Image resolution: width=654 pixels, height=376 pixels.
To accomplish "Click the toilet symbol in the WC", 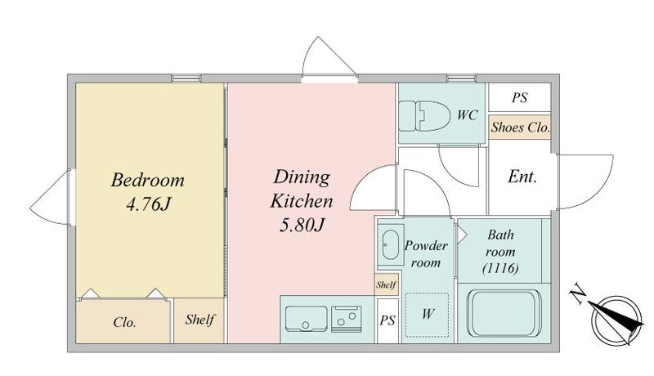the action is tap(424, 115).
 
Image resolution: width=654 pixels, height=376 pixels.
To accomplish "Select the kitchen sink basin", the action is tap(306, 319).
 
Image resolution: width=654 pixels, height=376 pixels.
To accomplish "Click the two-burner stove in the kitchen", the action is tap(347, 319).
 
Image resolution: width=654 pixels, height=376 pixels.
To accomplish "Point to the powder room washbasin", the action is tap(391, 244).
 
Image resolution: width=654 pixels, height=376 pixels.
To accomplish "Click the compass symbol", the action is tap(616, 320).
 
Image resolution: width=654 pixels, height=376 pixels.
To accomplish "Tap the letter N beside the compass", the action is tap(578, 293).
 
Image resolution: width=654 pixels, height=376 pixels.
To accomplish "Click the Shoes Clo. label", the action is tap(520, 128).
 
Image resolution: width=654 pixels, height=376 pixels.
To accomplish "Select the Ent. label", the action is tap(522, 177).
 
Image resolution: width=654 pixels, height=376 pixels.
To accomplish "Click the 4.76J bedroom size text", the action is tap(149, 204).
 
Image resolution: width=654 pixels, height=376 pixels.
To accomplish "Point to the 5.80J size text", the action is tap(302, 226).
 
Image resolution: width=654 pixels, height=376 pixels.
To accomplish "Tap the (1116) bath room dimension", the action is tap(500, 268).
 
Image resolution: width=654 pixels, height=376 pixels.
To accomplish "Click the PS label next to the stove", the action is tap(387, 320).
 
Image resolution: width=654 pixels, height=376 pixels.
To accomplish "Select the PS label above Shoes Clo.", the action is tap(520, 97).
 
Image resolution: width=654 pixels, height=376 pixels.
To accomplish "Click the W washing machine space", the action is tap(427, 315).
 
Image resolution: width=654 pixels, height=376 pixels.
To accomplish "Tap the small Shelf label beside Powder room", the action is tap(386, 285).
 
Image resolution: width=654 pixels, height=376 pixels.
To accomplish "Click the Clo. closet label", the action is tap(124, 322).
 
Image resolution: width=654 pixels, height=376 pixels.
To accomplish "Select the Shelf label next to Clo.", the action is tap(199, 320).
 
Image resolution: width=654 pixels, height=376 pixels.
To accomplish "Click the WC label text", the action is tap(467, 115).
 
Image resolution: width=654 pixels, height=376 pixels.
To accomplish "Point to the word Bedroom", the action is tap(148, 180).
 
